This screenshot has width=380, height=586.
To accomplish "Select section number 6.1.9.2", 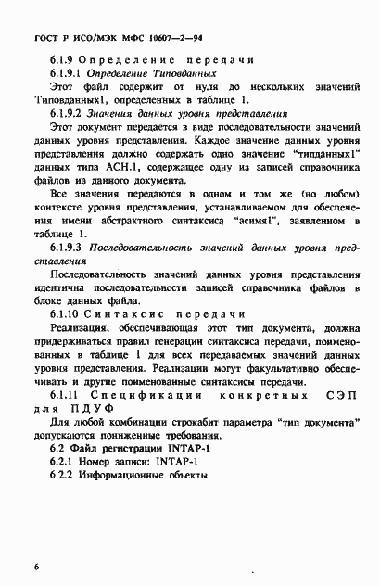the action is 75,113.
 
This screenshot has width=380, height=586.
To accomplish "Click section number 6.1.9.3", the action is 75,248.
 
